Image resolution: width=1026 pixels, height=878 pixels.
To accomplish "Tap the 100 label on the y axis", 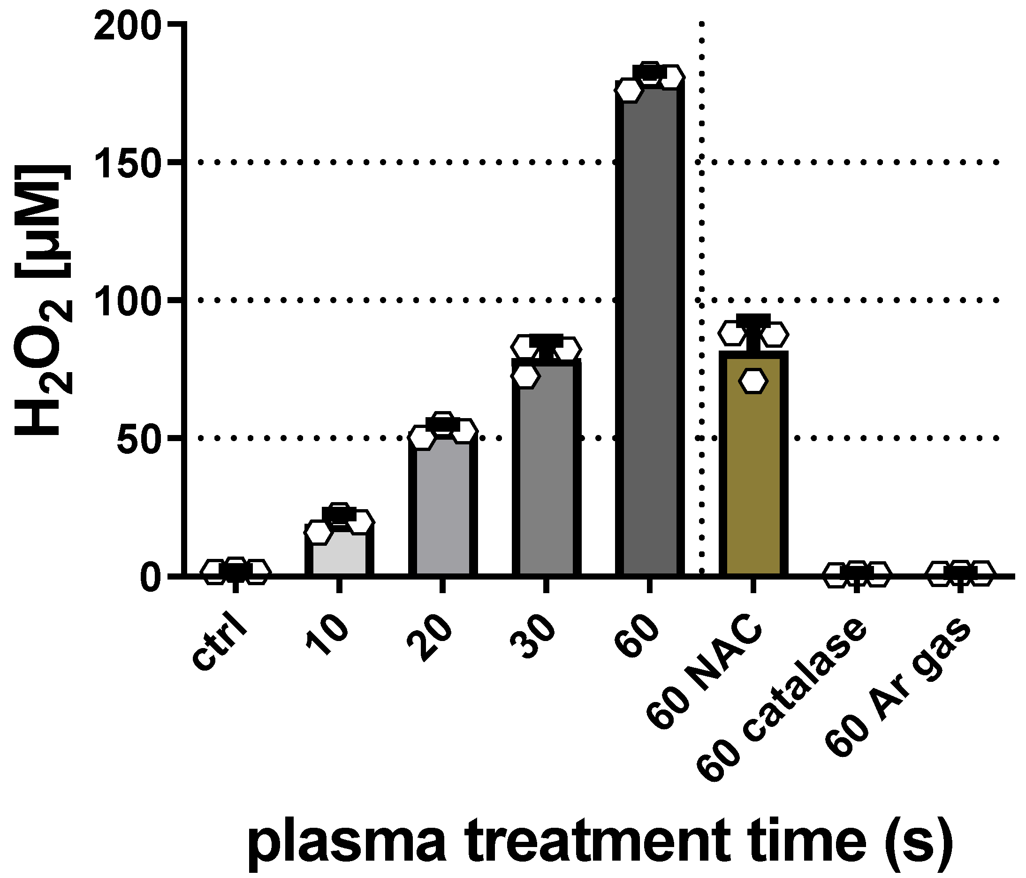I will (128, 301).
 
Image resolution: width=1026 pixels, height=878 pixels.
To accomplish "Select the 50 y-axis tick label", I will (139, 438).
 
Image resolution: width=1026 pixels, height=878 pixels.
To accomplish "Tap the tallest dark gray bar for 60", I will (650, 332).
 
